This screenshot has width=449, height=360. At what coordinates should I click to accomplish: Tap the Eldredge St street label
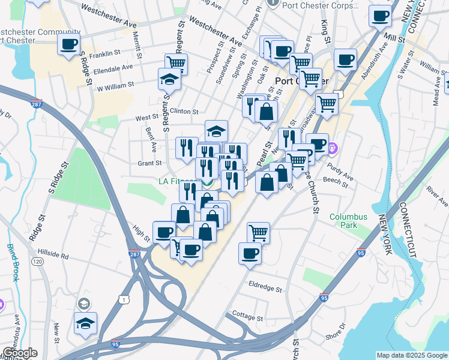coord(265,289)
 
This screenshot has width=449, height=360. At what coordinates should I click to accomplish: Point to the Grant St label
coord(149,163)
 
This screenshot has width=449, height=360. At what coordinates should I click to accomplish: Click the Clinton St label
coord(184,112)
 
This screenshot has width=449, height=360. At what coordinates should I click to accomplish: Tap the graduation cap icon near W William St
coord(169,79)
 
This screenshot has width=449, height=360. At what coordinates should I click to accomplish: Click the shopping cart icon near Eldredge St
coord(258,232)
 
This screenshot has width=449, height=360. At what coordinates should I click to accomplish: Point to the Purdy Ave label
coord(342,172)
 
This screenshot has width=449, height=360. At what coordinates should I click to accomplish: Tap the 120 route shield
coord(37,262)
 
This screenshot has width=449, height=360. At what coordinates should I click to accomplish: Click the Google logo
coord(19,353)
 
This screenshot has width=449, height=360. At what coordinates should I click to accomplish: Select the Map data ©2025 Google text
coord(411,355)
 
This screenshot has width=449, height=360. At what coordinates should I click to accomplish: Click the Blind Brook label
coord(13,262)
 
